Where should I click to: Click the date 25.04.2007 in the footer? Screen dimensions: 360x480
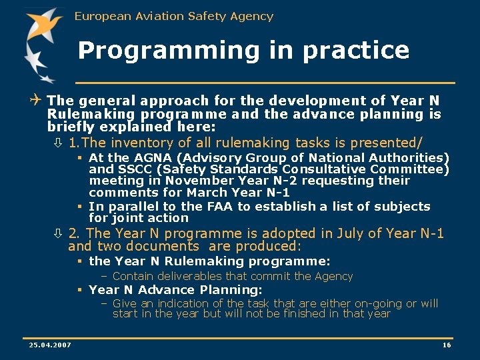[x=50, y=345]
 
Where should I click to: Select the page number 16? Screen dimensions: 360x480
[x=447, y=345]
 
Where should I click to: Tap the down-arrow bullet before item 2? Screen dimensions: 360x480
[x=58, y=233]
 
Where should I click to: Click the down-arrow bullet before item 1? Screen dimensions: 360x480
[x=58, y=143]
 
